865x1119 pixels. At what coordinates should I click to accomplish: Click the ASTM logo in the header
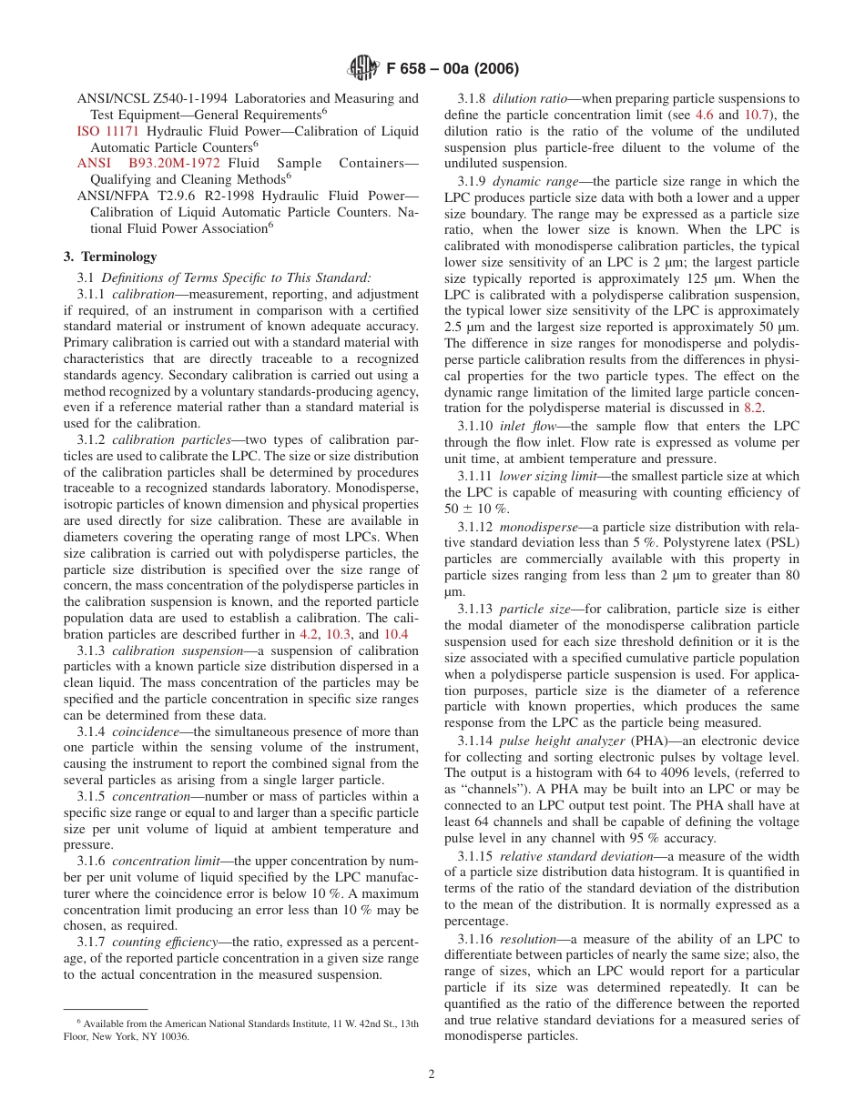[364, 67]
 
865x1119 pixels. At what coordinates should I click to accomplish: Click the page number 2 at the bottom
[432, 1074]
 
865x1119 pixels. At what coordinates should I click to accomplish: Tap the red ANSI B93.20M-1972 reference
[148, 164]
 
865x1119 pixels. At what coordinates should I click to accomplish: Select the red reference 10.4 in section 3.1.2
[395, 634]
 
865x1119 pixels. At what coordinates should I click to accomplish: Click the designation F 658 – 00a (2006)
[453, 68]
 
